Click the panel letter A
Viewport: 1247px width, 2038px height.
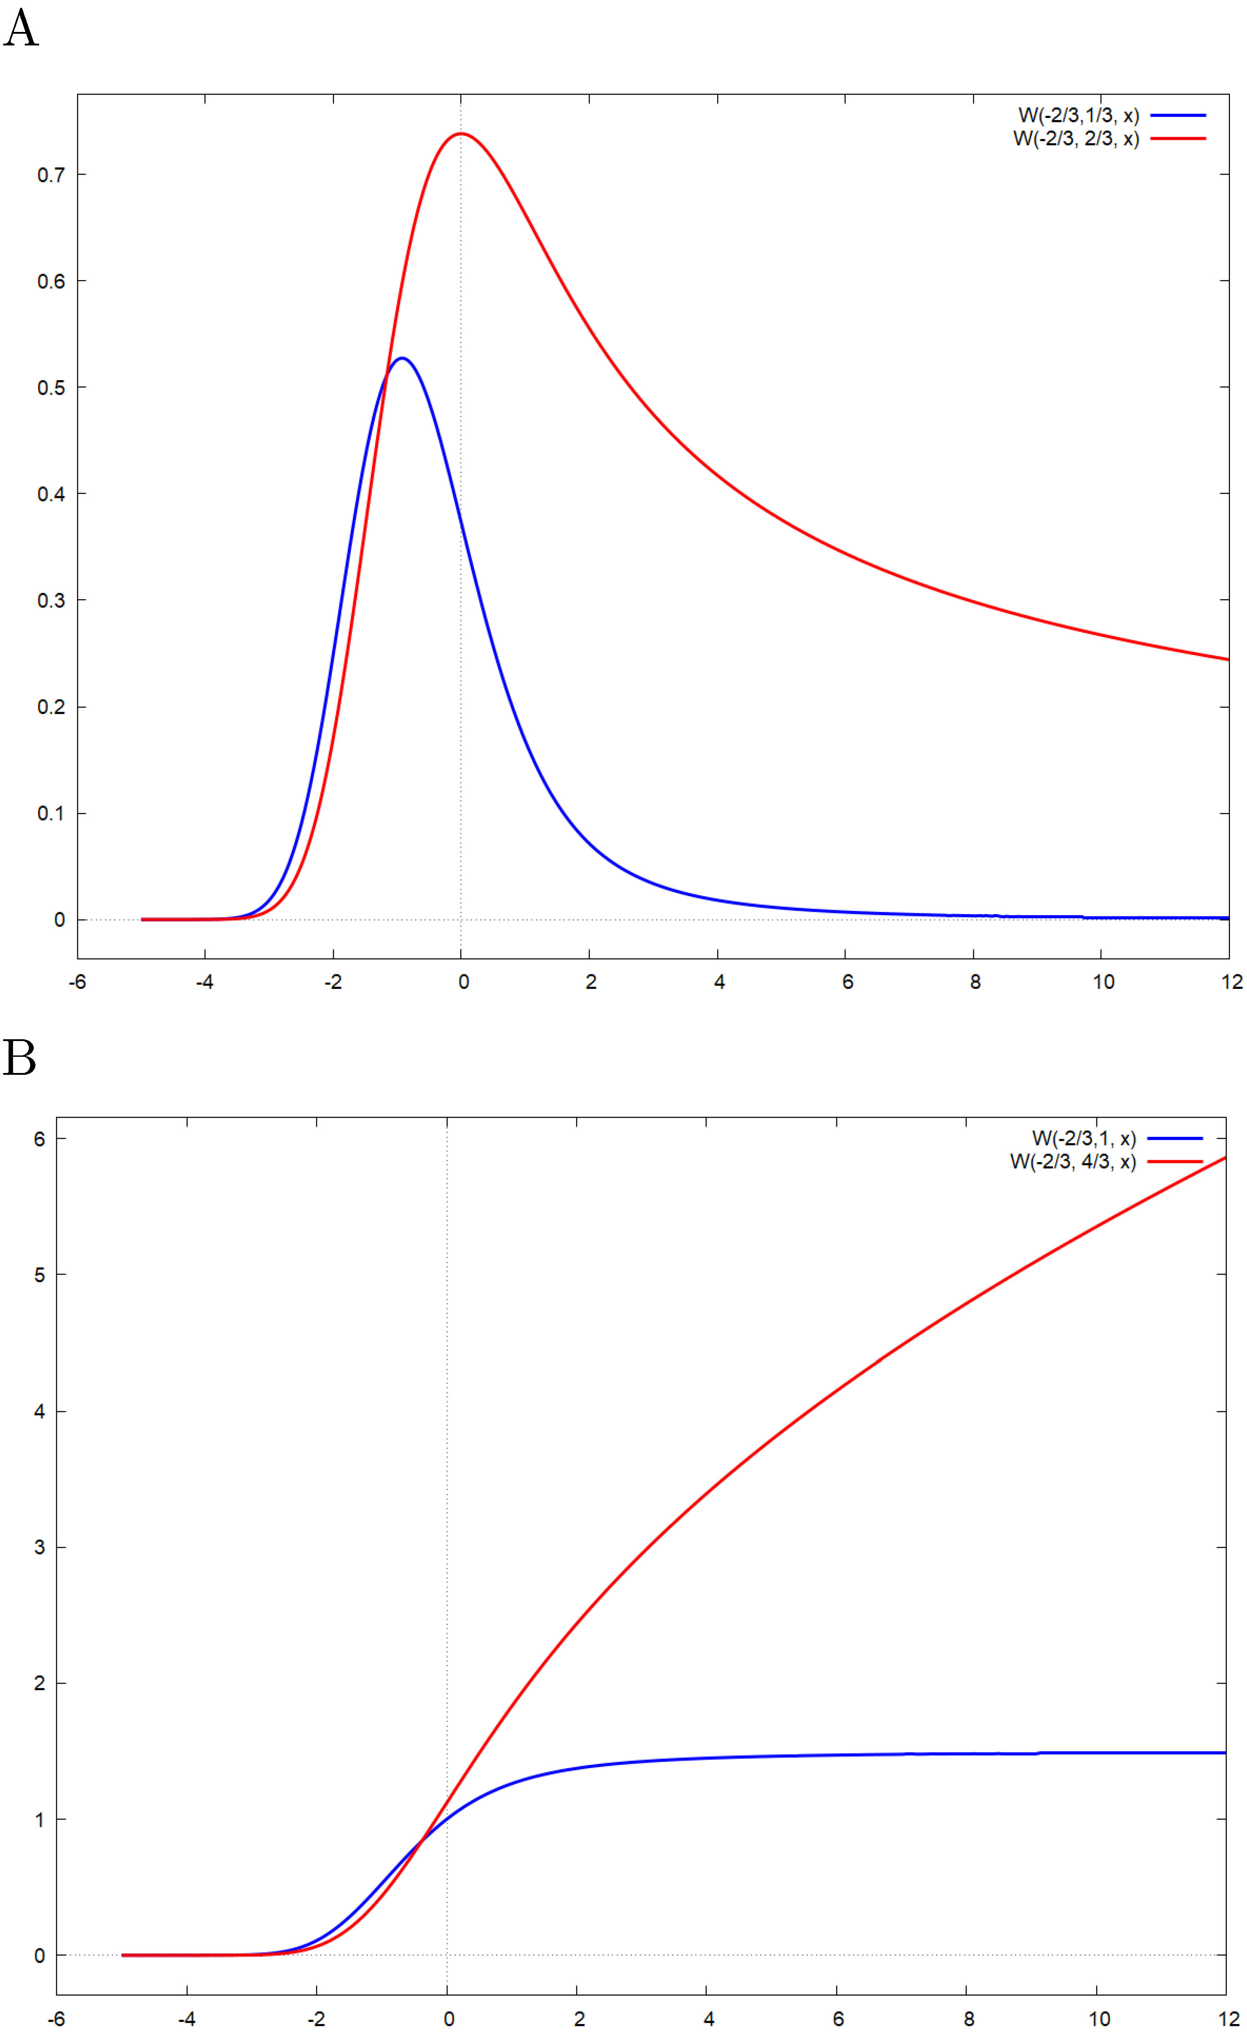[x=22, y=28]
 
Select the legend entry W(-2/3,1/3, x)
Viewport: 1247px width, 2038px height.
[x=1078, y=116]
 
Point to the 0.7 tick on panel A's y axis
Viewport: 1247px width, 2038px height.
[x=50, y=175]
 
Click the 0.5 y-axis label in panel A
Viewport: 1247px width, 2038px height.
[x=50, y=388]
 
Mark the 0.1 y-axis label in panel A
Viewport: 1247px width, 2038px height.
[x=50, y=814]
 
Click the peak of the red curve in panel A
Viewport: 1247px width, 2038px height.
[x=460, y=133]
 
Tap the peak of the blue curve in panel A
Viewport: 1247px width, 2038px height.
[x=402, y=358]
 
